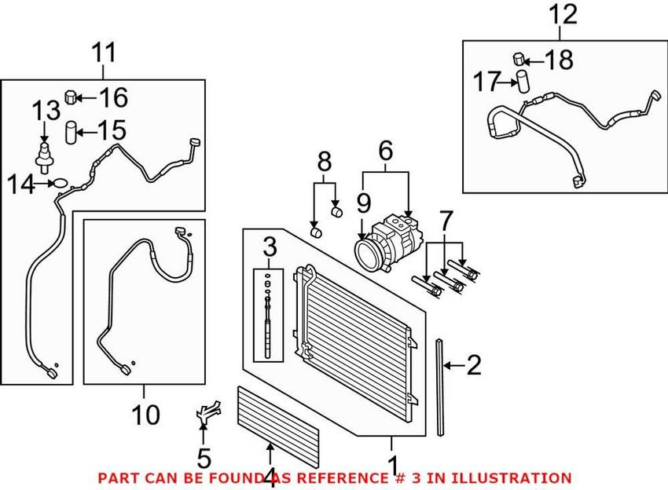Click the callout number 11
(104, 53)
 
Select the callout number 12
(563, 14)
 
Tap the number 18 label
(559, 60)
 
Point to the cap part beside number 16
(70, 97)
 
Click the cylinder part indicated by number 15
(70, 133)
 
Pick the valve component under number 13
(43, 158)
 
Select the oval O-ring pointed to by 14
(60, 184)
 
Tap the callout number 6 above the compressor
(386, 150)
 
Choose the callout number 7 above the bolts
(446, 221)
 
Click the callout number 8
(325, 162)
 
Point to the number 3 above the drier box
(270, 247)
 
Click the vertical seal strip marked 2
(440, 387)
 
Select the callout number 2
(474, 365)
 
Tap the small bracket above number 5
(208, 411)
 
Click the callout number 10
(145, 415)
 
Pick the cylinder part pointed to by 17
(523, 82)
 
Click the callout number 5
(204, 459)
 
